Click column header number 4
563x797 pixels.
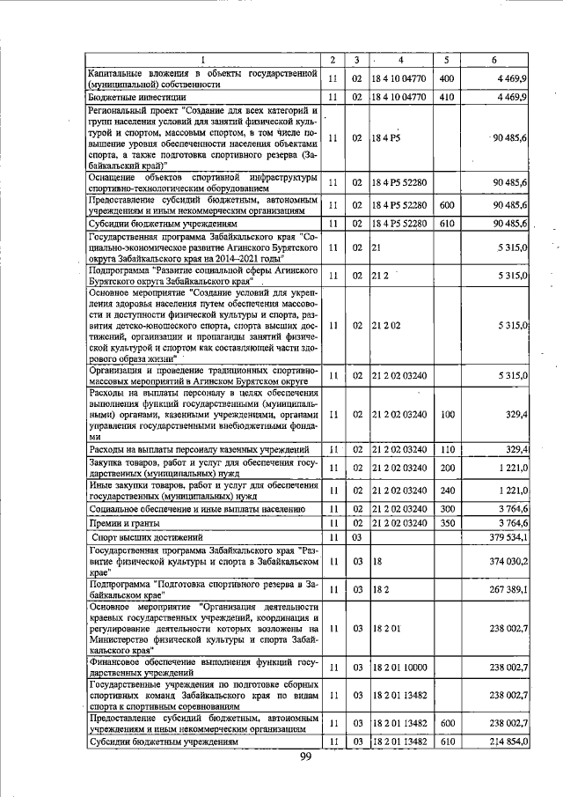click(400, 60)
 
